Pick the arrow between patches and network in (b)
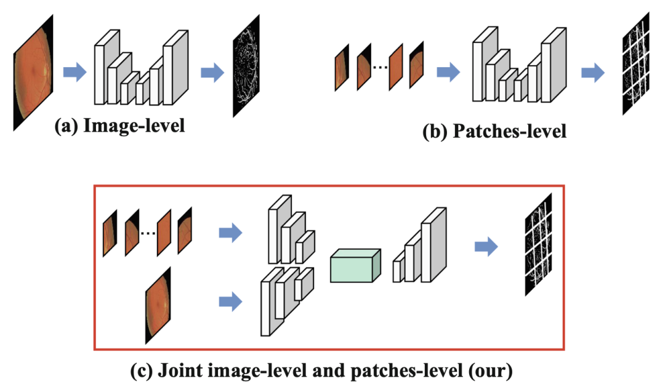coord(448,72)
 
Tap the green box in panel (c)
coord(355,266)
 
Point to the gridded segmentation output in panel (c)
coord(538,244)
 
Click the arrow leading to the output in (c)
coord(486,247)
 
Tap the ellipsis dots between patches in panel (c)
coord(148,233)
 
